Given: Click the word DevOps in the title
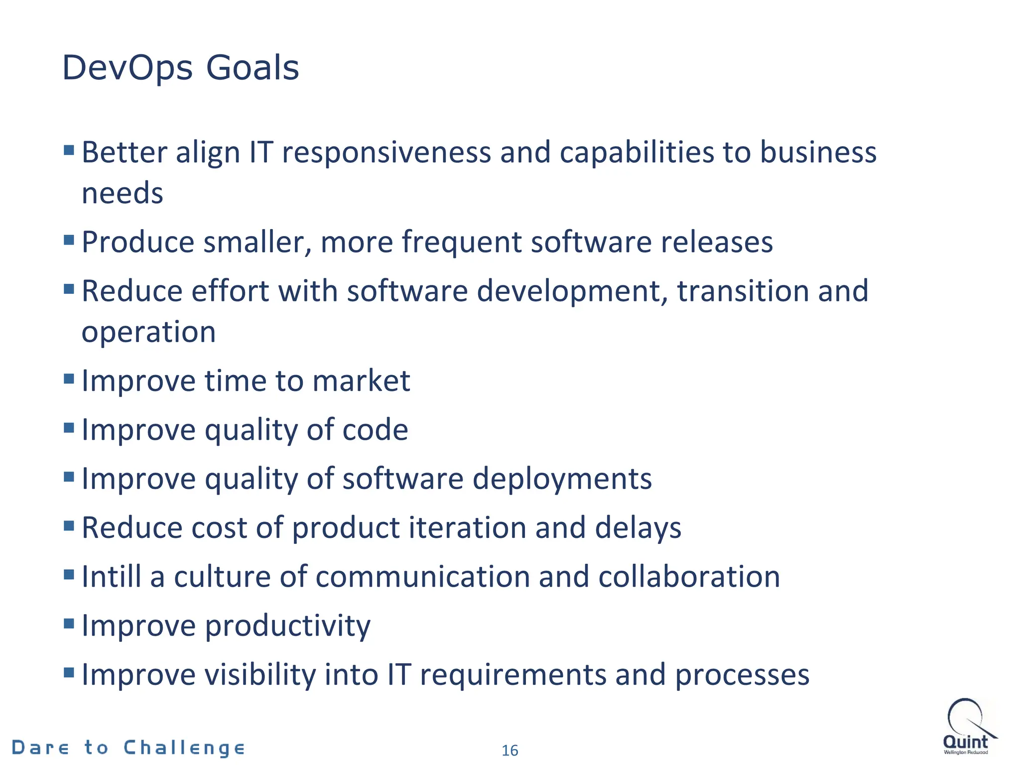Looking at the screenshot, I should click(127, 69).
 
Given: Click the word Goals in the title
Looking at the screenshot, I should click(253, 68).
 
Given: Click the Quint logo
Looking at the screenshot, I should click(968, 727).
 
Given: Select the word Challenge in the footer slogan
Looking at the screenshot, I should click(184, 748).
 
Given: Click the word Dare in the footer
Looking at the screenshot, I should click(40, 748).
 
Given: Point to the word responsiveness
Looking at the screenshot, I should click(386, 152).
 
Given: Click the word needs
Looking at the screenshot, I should click(123, 193).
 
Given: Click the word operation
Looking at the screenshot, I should click(148, 332).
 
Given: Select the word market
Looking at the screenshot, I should click(361, 381).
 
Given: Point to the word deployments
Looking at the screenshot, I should click(562, 479).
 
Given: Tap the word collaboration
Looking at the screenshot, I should click(689, 577).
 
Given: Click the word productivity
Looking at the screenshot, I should click(288, 627).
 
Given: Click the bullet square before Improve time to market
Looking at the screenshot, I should click(69, 379).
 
